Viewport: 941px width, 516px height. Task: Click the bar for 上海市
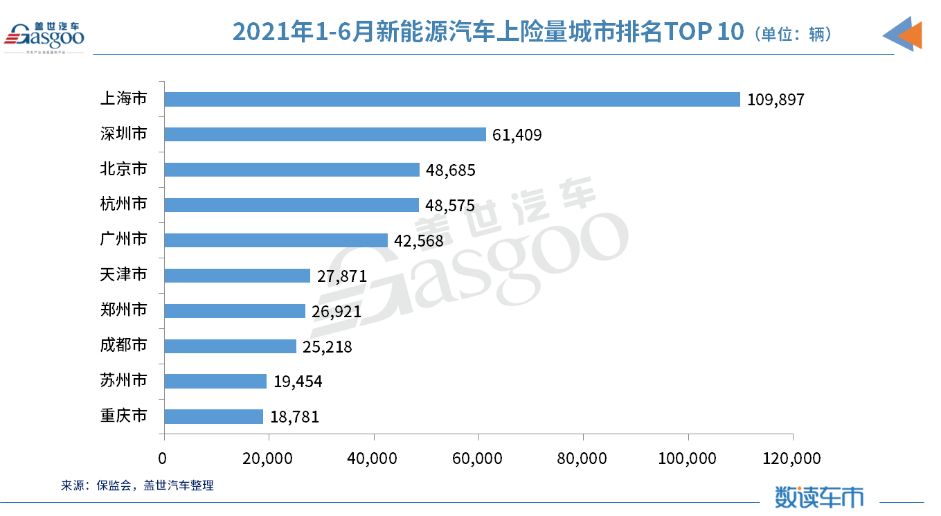(452, 99)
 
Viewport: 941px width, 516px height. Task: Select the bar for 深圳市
(325, 134)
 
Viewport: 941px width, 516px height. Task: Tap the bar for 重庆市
(214, 416)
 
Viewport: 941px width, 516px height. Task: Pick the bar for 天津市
(238, 276)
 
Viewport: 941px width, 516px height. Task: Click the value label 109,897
(776, 100)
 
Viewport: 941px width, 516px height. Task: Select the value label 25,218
(325, 346)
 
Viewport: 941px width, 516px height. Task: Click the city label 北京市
(124, 169)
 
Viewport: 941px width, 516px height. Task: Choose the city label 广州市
(124, 240)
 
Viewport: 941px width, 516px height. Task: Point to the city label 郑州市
(124, 310)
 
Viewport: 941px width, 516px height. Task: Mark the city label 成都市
(124, 346)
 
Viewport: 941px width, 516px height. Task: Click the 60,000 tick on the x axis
(479, 459)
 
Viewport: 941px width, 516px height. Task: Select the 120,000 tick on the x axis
(792, 459)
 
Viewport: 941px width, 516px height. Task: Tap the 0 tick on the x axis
(163, 459)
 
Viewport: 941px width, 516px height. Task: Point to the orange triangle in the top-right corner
(912, 35)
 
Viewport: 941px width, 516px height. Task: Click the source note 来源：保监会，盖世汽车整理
(138, 486)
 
